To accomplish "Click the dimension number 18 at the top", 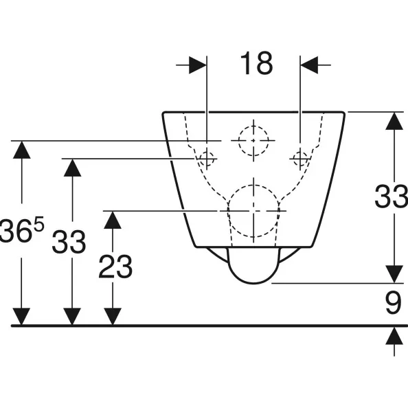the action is pos(256,63).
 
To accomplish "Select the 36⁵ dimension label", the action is pos(22,230).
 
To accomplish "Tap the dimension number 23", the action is pos(115,267).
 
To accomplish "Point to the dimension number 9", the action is pos(393,303).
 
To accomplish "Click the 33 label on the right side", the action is pos(391,196).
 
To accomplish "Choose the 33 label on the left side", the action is pos(69,242).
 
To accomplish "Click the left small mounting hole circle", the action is pos(207,159).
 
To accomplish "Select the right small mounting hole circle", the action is pos(300,159).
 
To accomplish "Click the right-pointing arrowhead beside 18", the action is pos(198,65).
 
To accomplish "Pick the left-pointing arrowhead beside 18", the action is pos(309,65).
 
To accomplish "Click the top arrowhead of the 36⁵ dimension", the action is pos(21,150).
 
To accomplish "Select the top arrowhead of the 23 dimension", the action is pos(113,220).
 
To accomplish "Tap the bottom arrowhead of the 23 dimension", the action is pos(113,317).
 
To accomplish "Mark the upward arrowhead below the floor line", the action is pos(394,336).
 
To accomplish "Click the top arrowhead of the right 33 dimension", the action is pos(394,121).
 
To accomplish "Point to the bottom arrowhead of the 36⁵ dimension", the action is pos(21,317).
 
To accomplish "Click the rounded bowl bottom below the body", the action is pos(253,283).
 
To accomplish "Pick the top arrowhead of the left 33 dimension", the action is pos(72,168).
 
